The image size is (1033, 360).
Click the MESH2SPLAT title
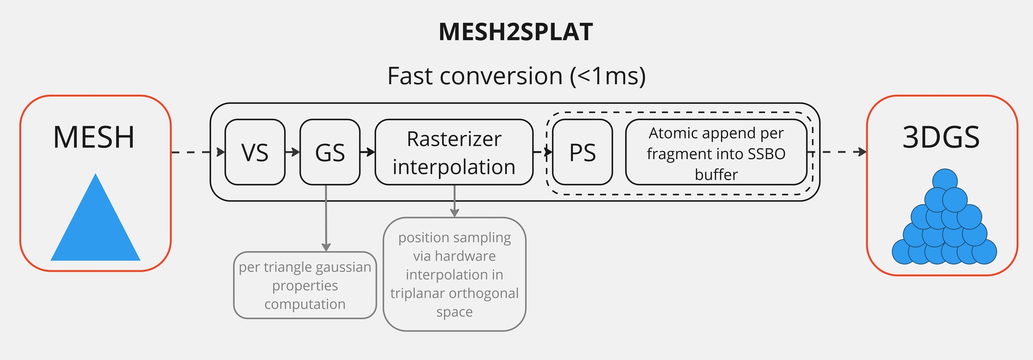coord(515,32)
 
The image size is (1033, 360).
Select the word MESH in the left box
coord(94,137)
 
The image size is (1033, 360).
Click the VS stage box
coord(255,152)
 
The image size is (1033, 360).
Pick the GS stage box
coord(330,152)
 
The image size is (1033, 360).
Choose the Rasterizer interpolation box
coord(454,152)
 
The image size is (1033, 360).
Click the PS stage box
coord(583,152)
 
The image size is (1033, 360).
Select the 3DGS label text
coord(941,137)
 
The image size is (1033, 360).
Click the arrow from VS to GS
coord(293,152)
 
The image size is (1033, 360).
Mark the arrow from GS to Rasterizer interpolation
coord(368,152)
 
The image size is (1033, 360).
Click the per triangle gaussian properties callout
coord(305,285)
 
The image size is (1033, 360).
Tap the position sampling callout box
coord(454,274)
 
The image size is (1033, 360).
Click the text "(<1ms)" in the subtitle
coord(608,76)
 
